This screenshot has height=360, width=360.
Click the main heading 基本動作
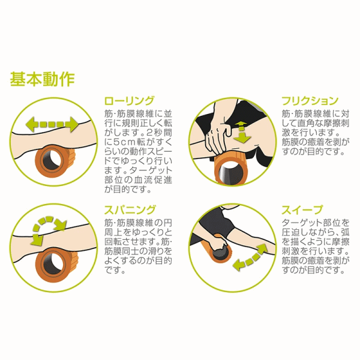pos(42,79)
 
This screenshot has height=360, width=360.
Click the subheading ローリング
pos(129,101)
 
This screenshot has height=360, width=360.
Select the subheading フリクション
pos(310,101)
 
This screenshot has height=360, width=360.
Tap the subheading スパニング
pos(130,209)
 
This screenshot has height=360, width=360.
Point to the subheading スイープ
pos(302,209)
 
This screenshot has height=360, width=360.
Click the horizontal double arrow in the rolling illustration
pos(52,124)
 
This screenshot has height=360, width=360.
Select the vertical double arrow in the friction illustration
pos(242,133)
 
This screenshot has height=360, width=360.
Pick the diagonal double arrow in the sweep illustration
pos(250,257)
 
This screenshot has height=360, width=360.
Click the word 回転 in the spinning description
pos(113,242)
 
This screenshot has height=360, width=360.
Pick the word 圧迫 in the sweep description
pos(290,232)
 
